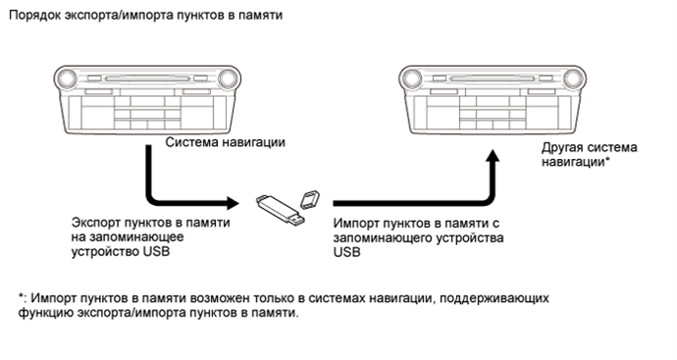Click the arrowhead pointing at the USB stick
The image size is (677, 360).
click(x=233, y=203)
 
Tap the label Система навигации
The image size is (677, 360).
click(x=225, y=142)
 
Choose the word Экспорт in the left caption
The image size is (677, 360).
click(x=97, y=223)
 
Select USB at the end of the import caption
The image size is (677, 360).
click(x=346, y=252)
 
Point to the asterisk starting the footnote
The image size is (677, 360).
click(x=21, y=295)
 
